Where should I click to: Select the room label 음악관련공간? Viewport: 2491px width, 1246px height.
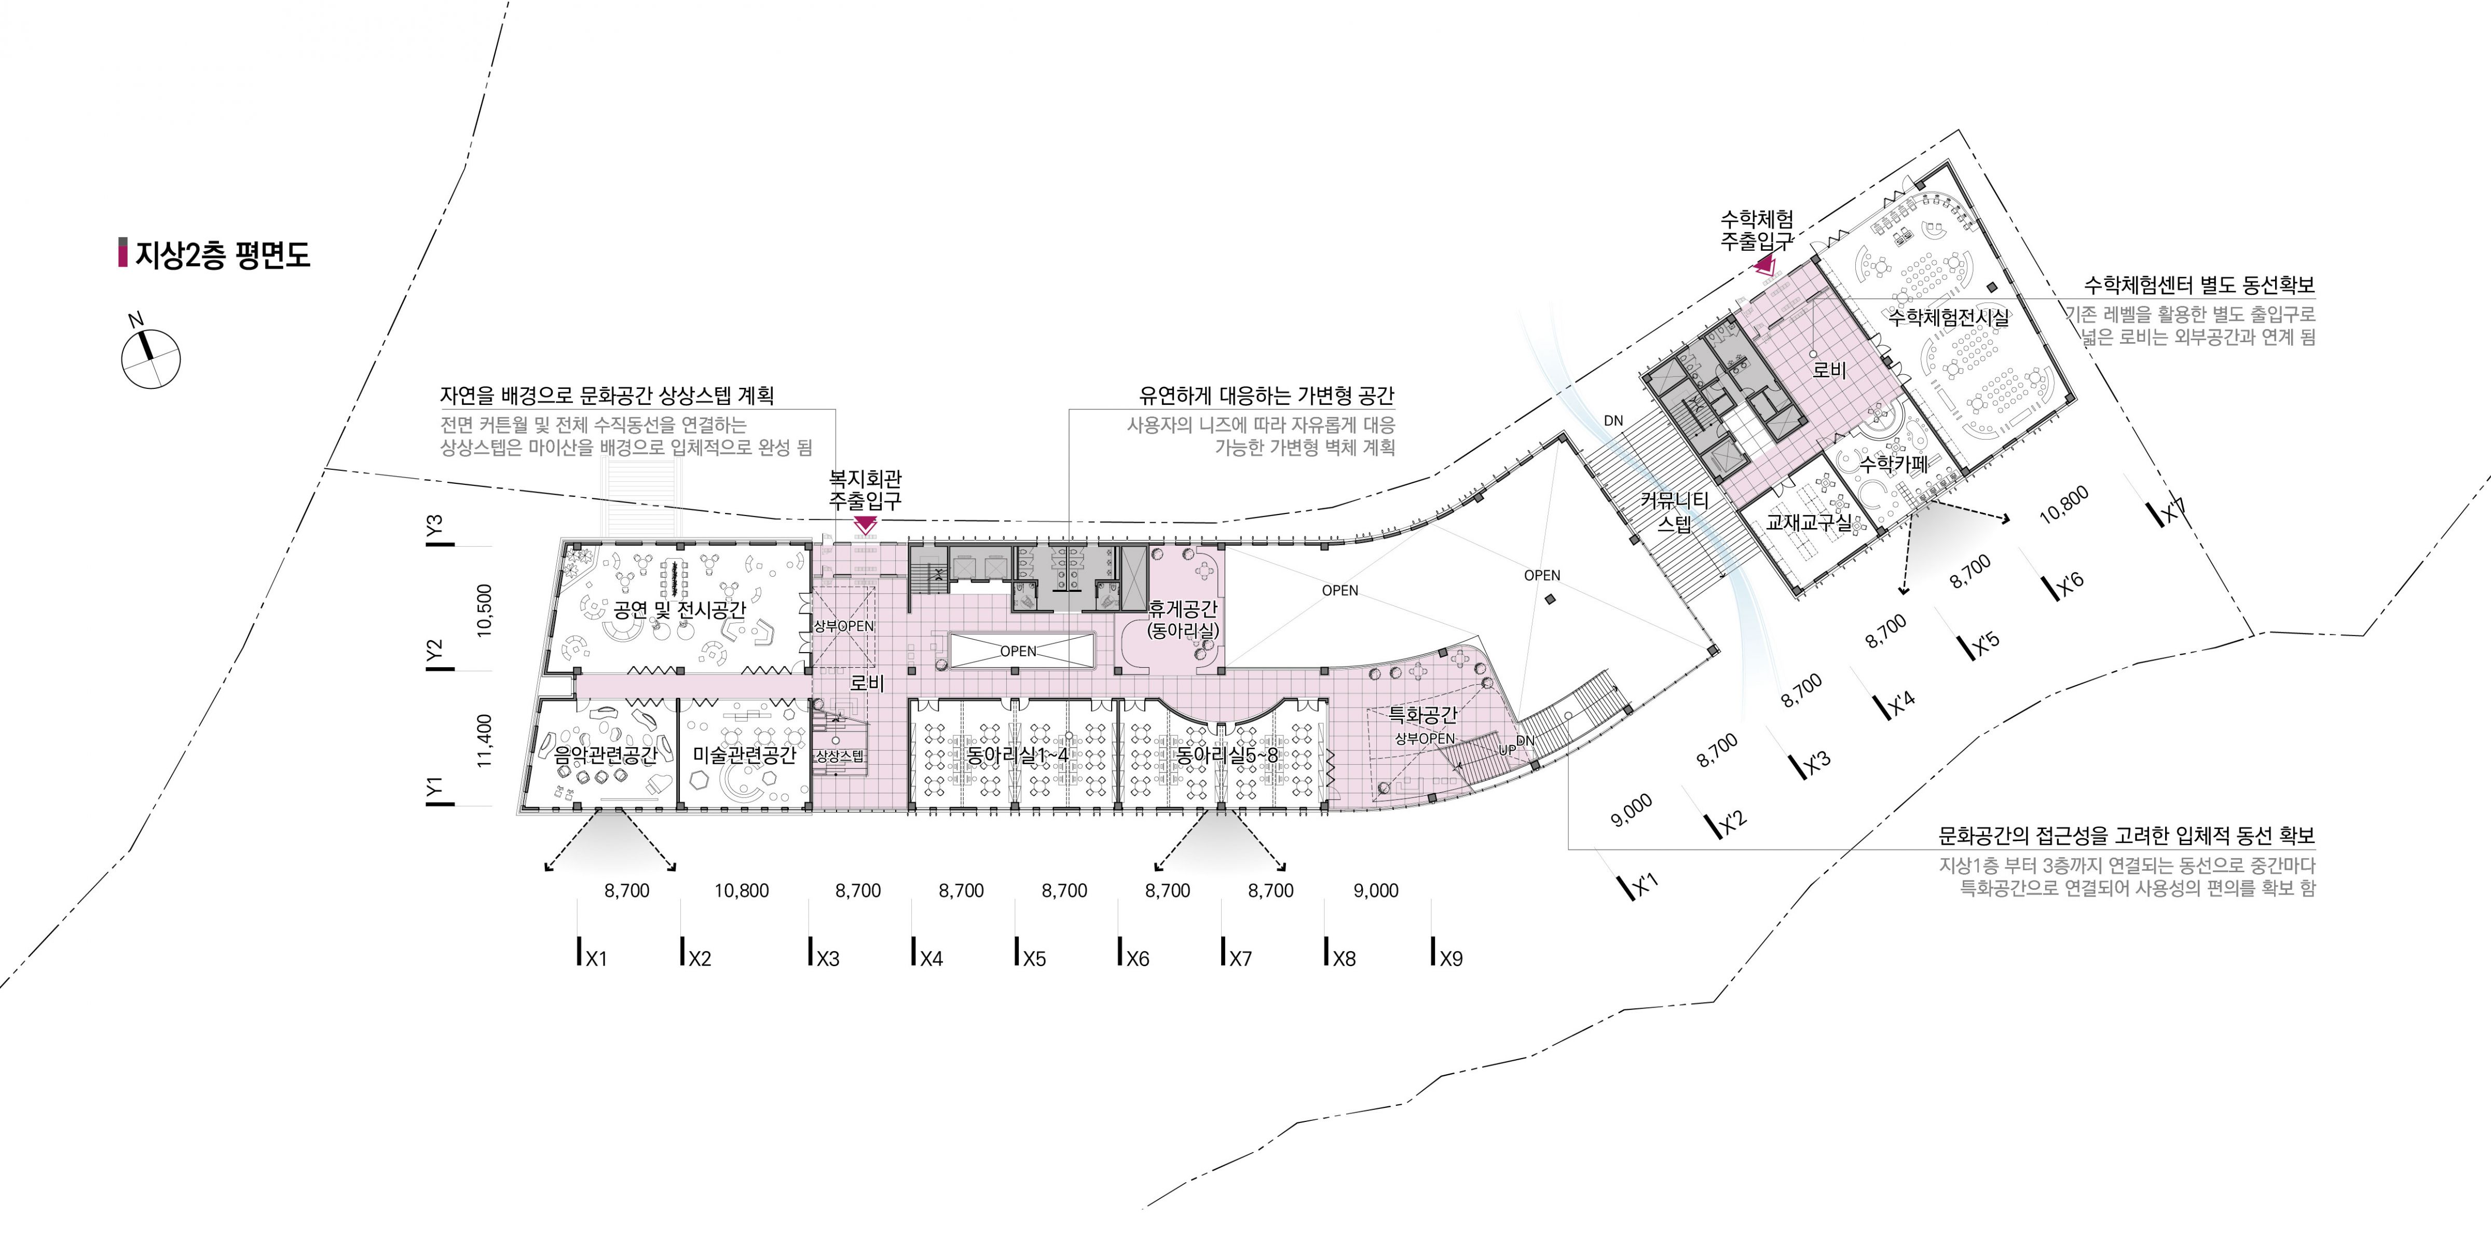point(605,754)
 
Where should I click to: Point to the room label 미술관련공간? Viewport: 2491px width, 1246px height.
point(745,754)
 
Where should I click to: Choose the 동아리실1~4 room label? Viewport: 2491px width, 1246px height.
point(1017,754)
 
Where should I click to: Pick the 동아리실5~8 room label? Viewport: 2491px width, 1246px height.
point(1226,754)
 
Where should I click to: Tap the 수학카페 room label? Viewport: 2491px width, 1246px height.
point(1893,464)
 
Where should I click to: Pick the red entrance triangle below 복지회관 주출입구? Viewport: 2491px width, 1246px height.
point(865,525)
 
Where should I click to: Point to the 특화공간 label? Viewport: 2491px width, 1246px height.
point(1422,715)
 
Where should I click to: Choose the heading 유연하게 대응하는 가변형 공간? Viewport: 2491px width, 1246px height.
point(1267,396)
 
